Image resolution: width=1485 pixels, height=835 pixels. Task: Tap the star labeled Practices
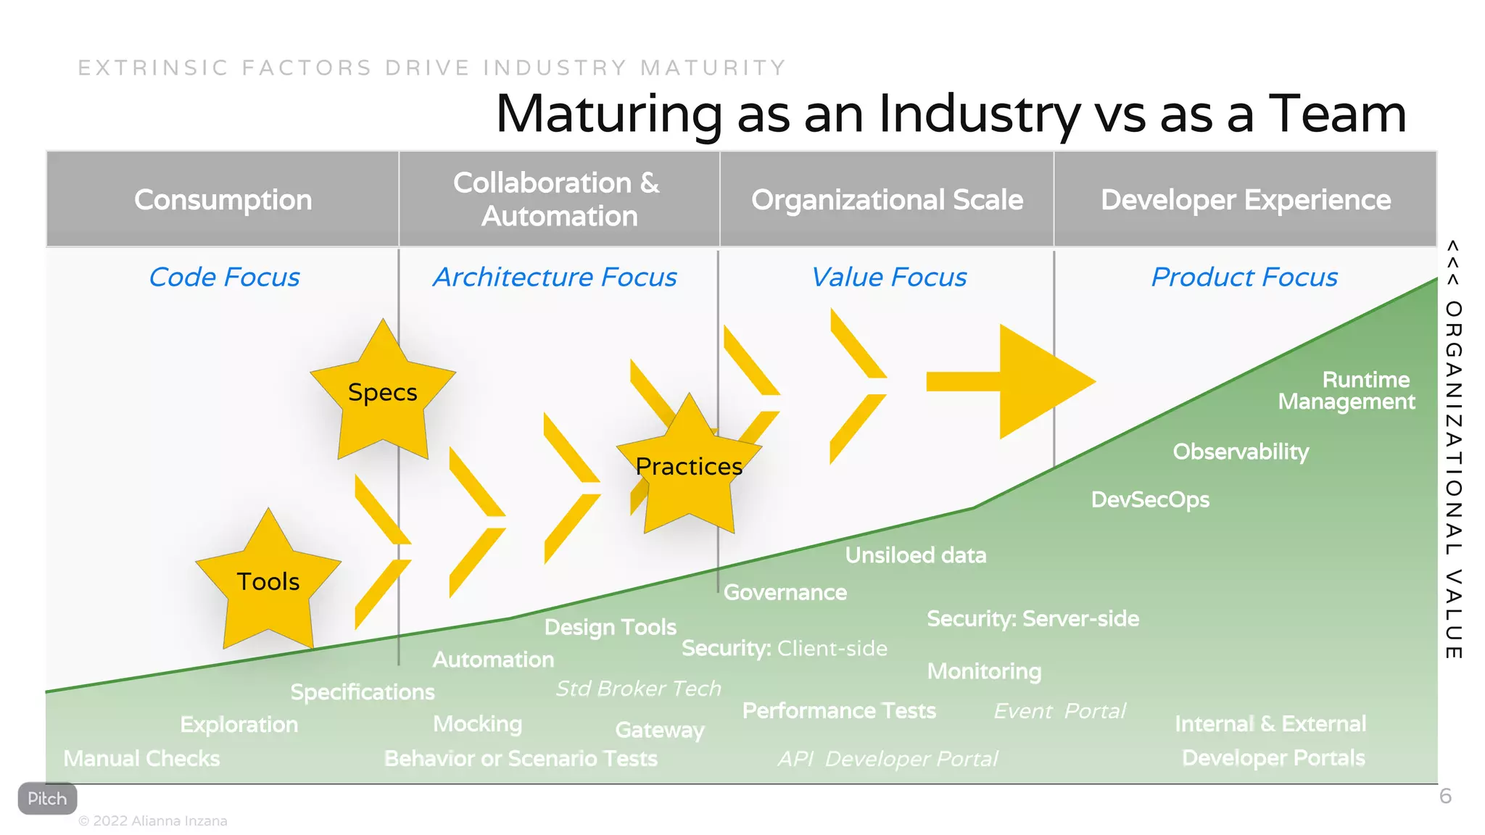(689, 467)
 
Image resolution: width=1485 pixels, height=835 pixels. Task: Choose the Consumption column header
(223, 199)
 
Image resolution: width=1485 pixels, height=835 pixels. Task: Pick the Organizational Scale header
(887, 199)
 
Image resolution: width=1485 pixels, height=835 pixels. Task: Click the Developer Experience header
(1245, 199)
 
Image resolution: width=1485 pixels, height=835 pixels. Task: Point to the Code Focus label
(224, 277)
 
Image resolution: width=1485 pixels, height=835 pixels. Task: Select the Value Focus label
(888, 277)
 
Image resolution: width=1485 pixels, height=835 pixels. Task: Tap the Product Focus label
(1244, 277)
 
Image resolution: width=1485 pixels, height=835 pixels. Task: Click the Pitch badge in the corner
(47, 799)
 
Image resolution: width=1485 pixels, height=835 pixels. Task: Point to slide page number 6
(1445, 797)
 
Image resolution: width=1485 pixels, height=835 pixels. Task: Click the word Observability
(1241, 452)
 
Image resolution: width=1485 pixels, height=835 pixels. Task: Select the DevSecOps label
(1150, 499)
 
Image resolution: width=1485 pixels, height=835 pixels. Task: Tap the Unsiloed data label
(916, 555)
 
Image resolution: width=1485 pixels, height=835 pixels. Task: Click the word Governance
(785, 592)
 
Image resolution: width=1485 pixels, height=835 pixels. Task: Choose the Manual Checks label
(141, 758)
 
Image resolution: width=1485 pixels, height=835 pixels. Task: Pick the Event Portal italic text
(1059, 711)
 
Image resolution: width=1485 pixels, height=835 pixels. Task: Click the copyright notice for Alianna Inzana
(153, 821)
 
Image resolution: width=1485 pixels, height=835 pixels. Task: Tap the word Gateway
(660, 730)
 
